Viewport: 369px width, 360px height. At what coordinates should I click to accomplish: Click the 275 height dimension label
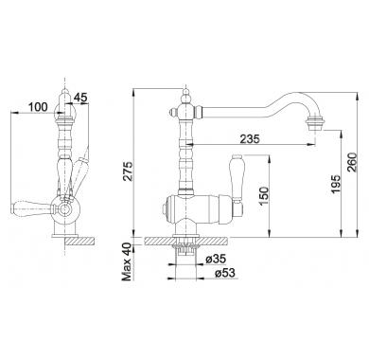coord(128,171)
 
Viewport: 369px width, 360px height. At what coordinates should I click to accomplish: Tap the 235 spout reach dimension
coord(250,138)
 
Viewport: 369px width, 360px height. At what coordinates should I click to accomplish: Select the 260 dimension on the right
coord(352,162)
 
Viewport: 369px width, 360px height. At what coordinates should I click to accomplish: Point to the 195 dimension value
coord(337,184)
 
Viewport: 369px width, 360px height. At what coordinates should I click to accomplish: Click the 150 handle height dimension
coord(264,196)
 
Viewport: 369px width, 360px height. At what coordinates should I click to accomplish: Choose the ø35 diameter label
coord(216,260)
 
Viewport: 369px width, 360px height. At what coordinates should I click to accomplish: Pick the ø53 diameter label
coord(225,273)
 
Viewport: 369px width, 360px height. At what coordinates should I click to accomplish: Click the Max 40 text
coord(128,261)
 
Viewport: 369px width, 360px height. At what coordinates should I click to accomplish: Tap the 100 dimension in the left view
coord(38,107)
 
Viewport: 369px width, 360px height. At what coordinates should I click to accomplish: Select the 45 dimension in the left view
coord(80,98)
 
